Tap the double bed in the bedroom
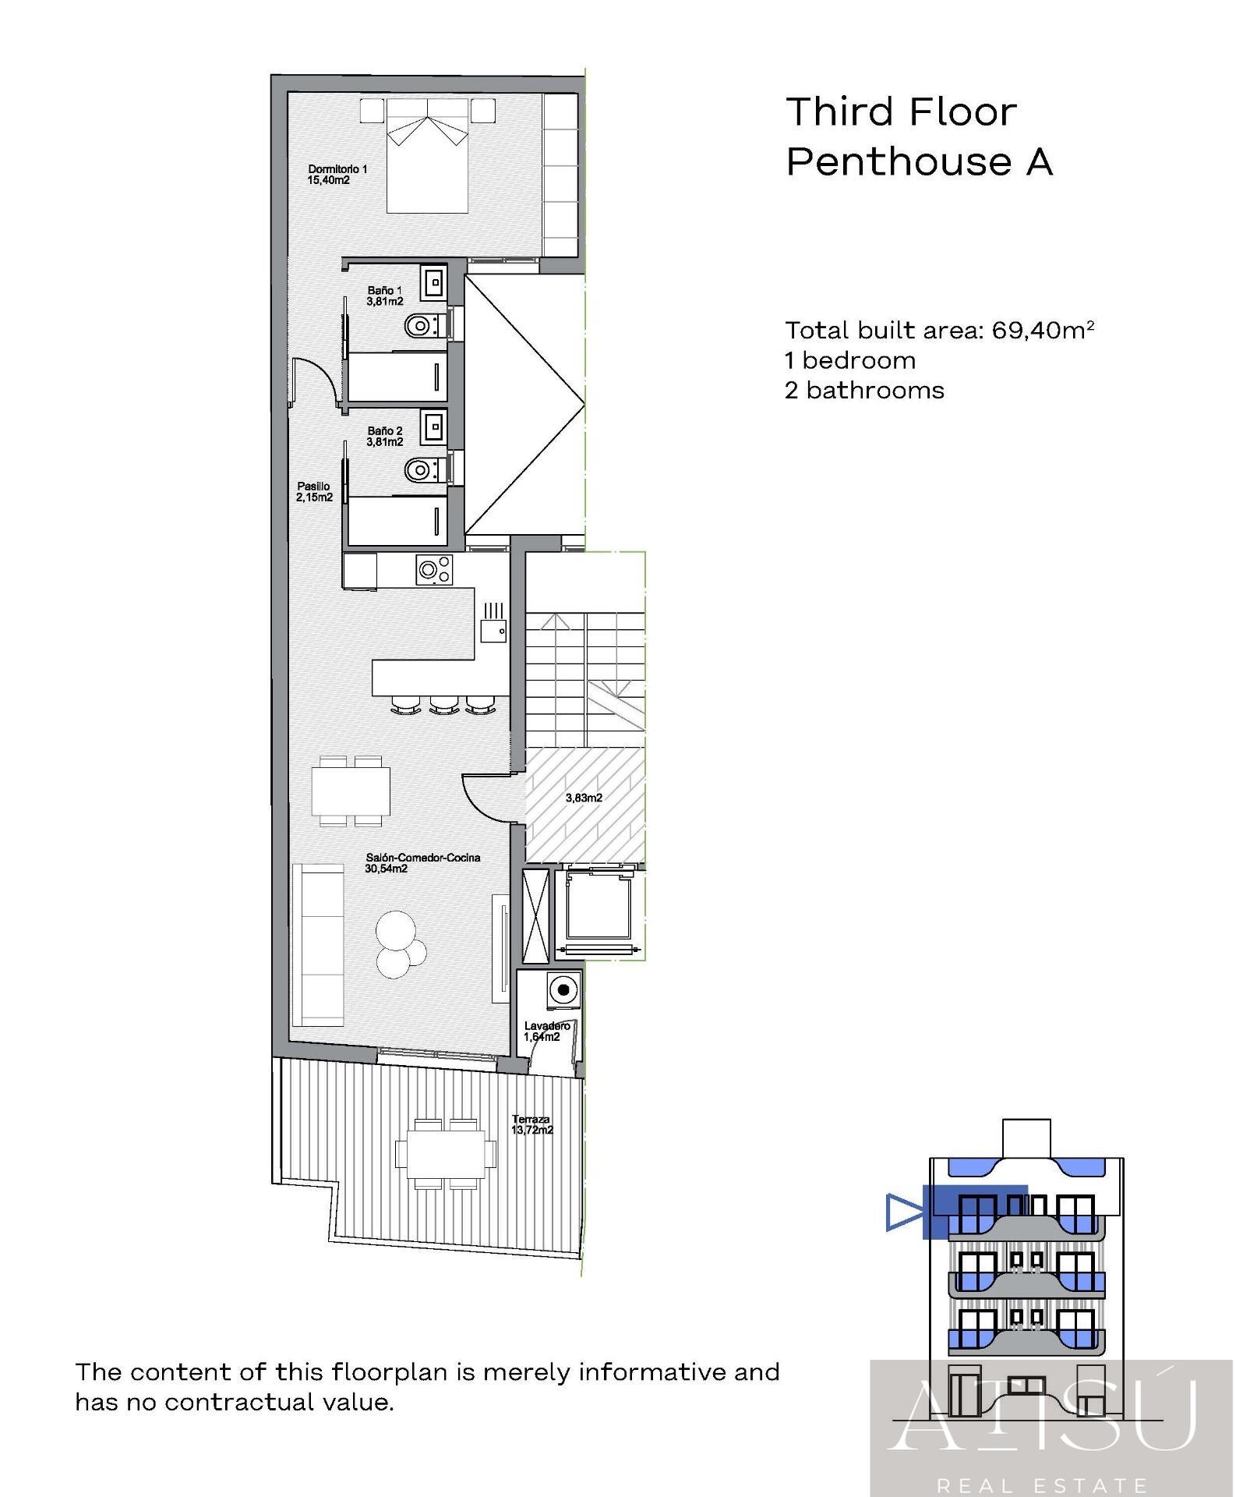coord(428,155)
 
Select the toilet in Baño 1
coord(426,325)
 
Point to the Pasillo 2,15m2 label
coord(314,491)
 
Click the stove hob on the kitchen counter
coord(434,569)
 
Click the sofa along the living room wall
coord(318,945)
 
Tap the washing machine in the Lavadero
coord(564,989)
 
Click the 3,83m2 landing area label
coord(584,798)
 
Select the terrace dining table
coord(445,1152)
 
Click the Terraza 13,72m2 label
coord(532,1124)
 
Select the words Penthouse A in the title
coord(920,162)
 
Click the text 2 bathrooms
coord(864,390)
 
